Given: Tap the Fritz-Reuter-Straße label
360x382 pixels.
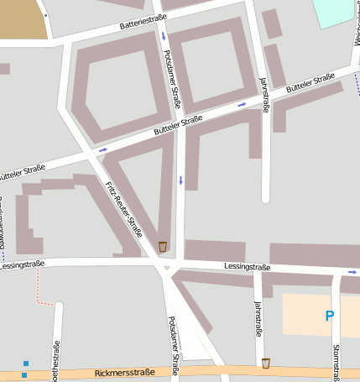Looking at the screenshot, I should click(123, 209).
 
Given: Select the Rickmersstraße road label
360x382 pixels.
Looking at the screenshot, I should click(124, 372).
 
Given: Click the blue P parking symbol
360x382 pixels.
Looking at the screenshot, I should click(329, 316).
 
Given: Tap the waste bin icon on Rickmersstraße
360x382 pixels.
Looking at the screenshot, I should click(266, 363).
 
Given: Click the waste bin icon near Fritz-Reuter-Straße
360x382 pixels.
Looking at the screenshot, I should click(163, 246).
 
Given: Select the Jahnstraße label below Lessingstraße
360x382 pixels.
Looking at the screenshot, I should click(257, 316).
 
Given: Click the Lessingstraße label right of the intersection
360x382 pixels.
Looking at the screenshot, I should click(247, 266).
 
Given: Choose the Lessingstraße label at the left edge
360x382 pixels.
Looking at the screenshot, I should click(22, 264).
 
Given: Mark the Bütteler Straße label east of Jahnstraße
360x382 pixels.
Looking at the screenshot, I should click(310, 82).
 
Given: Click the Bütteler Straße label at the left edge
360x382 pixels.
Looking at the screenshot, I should click(23, 170).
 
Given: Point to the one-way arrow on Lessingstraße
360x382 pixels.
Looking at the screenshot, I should click(352, 272).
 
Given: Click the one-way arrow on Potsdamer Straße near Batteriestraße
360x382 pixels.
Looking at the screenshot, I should click(164, 37).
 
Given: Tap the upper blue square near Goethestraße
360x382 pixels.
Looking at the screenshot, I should click(25, 364).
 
